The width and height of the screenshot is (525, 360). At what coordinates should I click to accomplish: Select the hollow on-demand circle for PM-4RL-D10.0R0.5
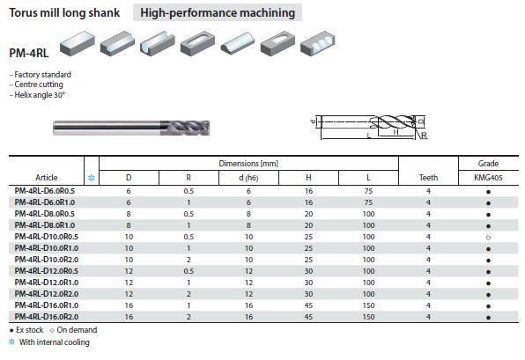(x=488, y=238)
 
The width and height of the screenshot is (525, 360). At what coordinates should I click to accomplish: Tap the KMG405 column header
(x=488, y=178)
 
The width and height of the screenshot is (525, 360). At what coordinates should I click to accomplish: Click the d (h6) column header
(x=248, y=178)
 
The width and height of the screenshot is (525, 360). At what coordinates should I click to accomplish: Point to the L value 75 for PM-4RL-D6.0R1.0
(x=368, y=202)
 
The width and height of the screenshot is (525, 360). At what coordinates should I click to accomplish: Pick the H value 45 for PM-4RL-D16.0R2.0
(x=308, y=317)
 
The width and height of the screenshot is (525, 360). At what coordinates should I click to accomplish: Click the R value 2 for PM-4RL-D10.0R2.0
(x=189, y=260)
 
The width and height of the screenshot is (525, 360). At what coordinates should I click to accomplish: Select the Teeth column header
(x=428, y=178)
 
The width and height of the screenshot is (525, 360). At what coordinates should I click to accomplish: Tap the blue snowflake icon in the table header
(x=92, y=178)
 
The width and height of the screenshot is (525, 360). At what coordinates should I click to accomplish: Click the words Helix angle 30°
(x=40, y=95)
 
